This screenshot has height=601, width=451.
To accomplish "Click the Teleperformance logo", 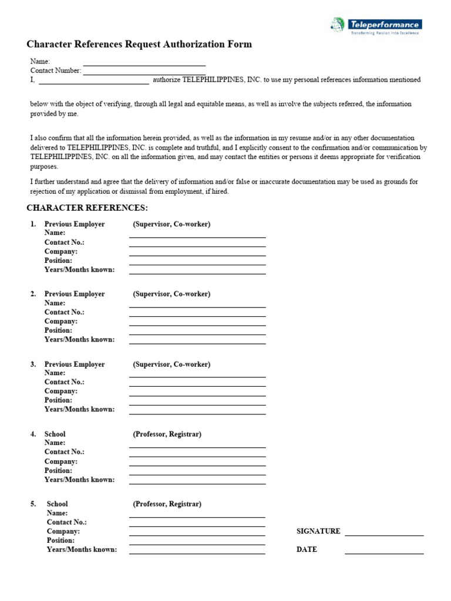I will [x=375, y=26].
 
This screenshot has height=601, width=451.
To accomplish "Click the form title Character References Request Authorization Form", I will [x=139, y=44].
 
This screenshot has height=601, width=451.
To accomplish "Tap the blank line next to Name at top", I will [x=144, y=64].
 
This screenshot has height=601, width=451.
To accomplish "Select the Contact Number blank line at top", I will [x=144, y=73].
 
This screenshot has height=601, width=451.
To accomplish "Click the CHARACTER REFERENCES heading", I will [x=87, y=208].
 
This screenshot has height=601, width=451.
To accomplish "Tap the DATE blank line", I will [x=384, y=552].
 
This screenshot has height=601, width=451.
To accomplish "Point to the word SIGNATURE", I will [x=318, y=531].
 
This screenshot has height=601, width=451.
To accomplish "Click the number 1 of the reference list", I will [x=33, y=224].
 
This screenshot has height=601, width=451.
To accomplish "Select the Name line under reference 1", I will [x=197, y=236].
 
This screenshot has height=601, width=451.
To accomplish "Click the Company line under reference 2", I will [x=197, y=325].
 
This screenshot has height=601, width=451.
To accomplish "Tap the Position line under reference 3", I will [x=197, y=404].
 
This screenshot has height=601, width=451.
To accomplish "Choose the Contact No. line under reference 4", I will [x=197, y=455].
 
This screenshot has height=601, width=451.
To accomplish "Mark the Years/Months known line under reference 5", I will [x=197, y=553].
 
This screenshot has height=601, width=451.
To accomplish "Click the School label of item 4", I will [x=55, y=434].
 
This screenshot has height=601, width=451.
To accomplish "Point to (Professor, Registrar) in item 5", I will [x=167, y=504].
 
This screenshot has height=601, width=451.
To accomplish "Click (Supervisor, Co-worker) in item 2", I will [x=171, y=294].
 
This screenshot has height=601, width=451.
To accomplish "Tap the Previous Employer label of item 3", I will [x=75, y=364].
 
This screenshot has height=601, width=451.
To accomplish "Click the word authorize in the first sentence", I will [x=166, y=80].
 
